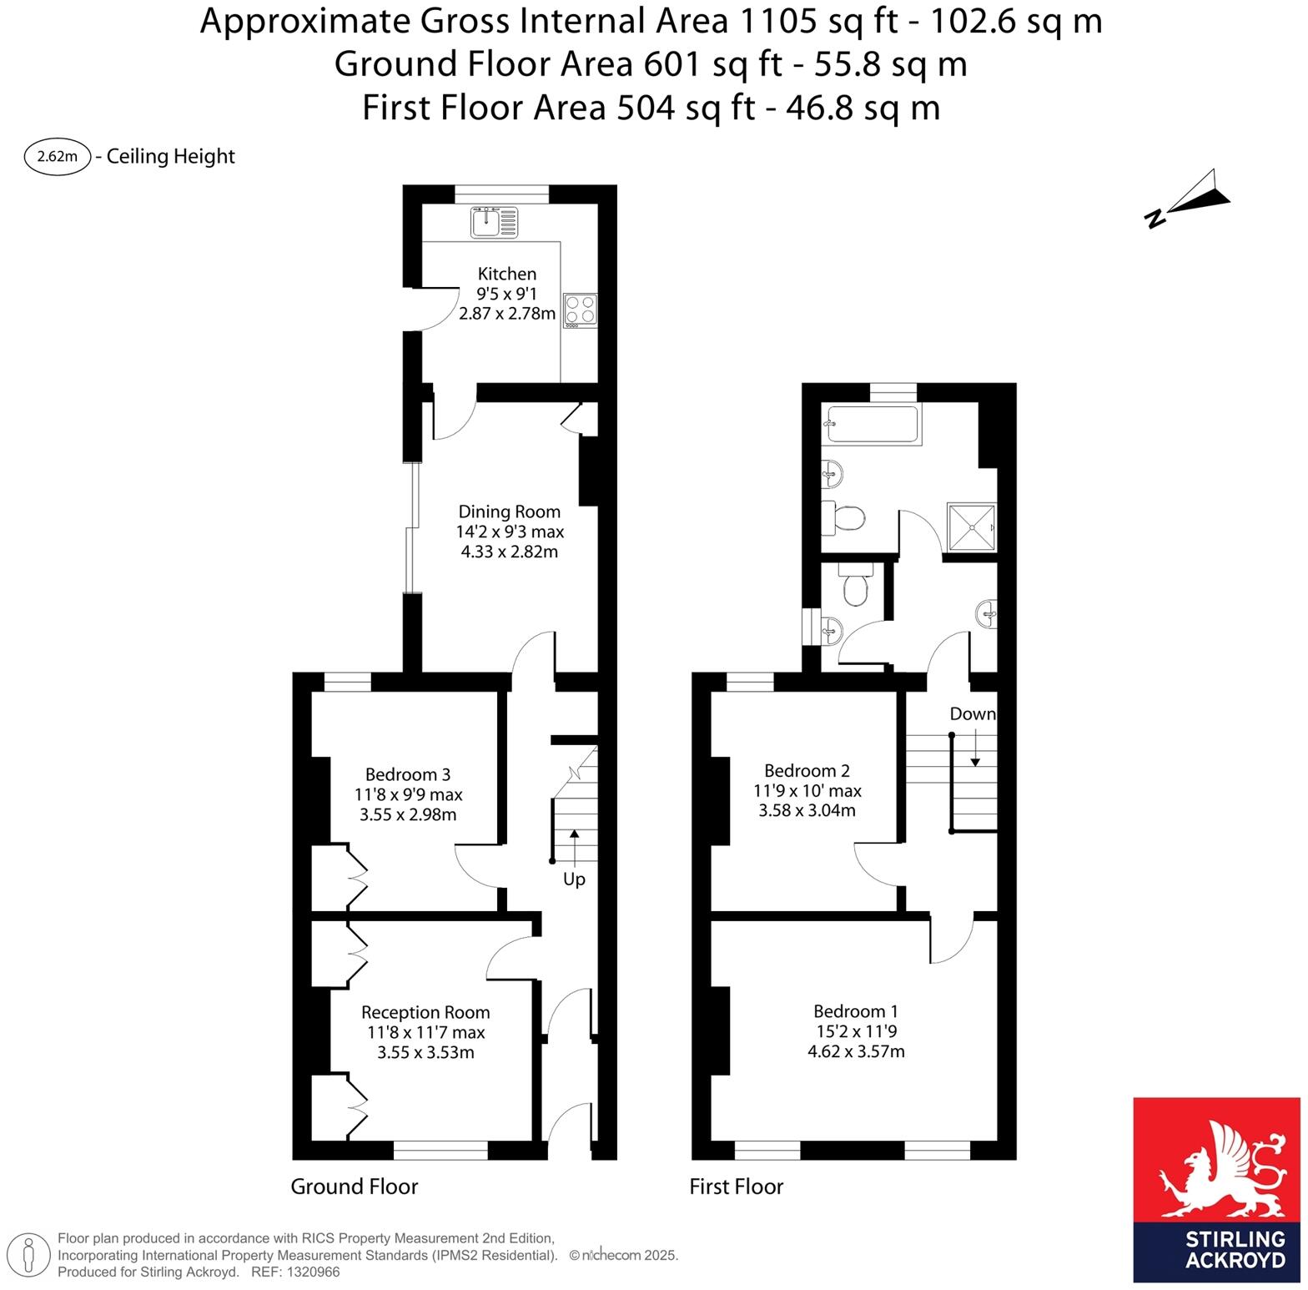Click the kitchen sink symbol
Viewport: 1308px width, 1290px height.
click(x=494, y=222)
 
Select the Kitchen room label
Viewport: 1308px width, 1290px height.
click(x=506, y=274)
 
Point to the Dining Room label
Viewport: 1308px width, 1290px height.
click(x=509, y=511)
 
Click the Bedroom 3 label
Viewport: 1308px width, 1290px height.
click(x=408, y=775)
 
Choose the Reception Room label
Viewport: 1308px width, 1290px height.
click(x=425, y=1012)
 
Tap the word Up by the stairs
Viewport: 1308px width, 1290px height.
click(x=574, y=879)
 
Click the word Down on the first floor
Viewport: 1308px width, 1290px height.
click(x=972, y=714)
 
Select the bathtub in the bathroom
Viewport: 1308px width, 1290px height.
click(x=873, y=424)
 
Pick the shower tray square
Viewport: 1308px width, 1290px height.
click(x=972, y=527)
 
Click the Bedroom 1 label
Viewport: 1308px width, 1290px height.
click(x=856, y=1011)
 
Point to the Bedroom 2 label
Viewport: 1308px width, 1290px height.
click(x=807, y=770)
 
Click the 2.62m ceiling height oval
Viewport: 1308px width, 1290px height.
click(x=58, y=157)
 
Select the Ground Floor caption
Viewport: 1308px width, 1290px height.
click(x=354, y=1187)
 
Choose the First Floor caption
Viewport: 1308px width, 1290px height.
click(x=736, y=1187)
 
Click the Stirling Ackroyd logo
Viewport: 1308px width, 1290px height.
click(x=1216, y=1189)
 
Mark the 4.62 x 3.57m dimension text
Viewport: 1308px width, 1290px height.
click(x=856, y=1052)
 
